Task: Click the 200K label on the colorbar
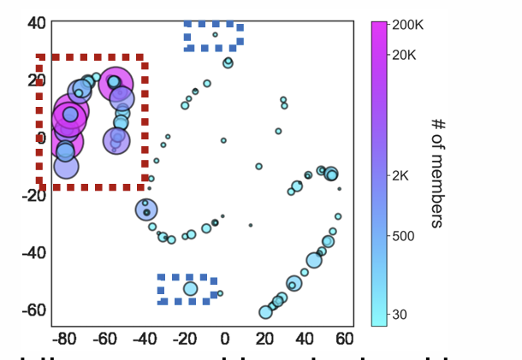408,26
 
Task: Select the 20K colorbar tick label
406,55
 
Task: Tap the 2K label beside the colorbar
401,176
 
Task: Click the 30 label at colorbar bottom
400,315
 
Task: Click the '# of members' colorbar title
436,172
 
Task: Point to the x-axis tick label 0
224,339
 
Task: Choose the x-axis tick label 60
344,339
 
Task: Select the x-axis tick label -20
183,339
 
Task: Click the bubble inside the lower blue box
190,289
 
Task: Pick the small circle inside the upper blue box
215,35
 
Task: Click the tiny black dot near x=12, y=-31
251,225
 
